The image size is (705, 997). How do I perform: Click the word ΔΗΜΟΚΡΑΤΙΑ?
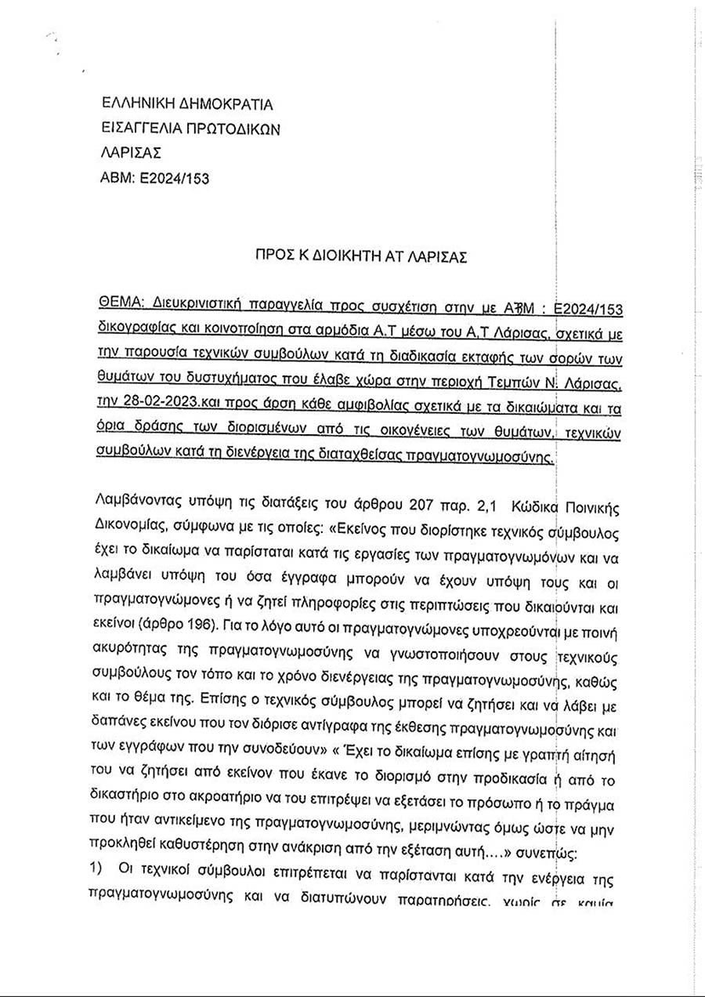(x=226, y=104)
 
